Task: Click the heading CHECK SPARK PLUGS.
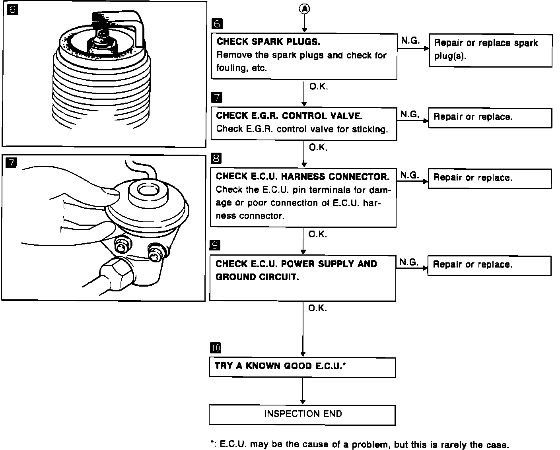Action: (268, 42)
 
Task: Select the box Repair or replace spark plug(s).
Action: (490, 50)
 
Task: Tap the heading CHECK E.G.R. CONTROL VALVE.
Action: (289, 116)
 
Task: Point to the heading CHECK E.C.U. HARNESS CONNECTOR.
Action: (303, 177)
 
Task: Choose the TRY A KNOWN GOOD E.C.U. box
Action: (302, 367)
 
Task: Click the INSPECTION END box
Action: (302, 415)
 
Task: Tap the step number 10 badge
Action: (215, 348)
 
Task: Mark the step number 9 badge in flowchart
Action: (215, 245)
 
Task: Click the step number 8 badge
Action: (216, 159)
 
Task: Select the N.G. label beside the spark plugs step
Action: (410, 41)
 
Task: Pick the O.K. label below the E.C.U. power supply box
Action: (317, 308)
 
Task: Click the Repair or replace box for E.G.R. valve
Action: (490, 118)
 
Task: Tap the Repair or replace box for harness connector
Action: (490, 178)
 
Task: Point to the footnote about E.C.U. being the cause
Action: (359, 444)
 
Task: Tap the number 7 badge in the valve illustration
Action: (12, 163)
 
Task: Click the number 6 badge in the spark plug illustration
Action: (12, 9)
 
